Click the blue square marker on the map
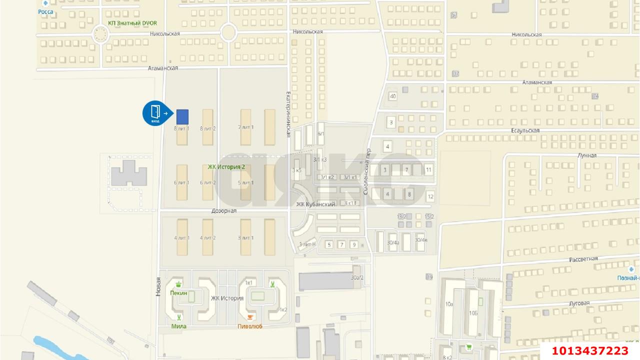coord(182,116)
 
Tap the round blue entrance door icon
coord(155,113)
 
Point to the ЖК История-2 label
coord(226,166)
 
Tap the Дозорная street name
coord(223,211)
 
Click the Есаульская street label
coord(524,130)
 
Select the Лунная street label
coord(587,155)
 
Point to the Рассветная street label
coord(583,259)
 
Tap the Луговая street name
coord(579,303)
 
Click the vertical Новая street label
coord(158,287)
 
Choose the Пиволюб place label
coord(250,326)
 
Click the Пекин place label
coord(178,293)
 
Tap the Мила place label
coord(178,326)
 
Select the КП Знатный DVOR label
coord(132,23)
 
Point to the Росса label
coord(45,11)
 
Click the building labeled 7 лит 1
coord(246,127)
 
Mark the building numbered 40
coord(393,96)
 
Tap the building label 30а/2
coord(357,277)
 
